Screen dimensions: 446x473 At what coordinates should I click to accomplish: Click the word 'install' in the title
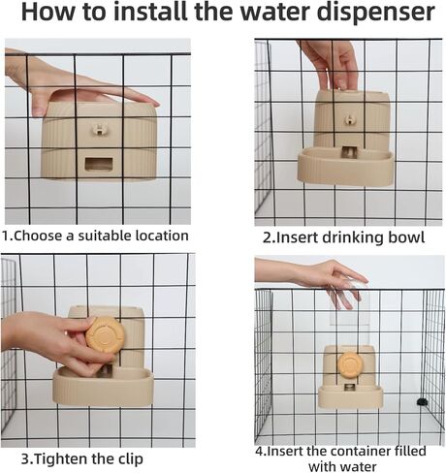pyautogui.click(x=150, y=12)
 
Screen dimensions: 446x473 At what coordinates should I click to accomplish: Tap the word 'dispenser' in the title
pyautogui.click(x=376, y=14)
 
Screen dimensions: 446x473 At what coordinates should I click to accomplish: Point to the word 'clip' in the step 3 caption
pyautogui.click(x=131, y=459)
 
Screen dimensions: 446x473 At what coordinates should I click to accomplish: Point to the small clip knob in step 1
pyautogui.click(x=98, y=130)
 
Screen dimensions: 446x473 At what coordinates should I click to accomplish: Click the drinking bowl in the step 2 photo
pyautogui.click(x=346, y=166)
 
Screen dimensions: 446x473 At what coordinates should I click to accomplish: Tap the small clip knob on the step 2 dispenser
pyautogui.click(x=349, y=120)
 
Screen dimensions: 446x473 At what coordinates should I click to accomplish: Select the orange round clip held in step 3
pyautogui.click(x=105, y=335)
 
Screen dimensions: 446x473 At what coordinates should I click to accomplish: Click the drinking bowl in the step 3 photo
pyautogui.click(x=103, y=387)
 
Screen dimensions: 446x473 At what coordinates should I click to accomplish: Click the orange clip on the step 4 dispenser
pyautogui.click(x=349, y=366)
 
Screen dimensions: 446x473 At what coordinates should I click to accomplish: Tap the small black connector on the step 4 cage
pyautogui.click(x=421, y=401)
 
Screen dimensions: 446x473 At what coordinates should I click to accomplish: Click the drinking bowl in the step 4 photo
pyautogui.click(x=350, y=396)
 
